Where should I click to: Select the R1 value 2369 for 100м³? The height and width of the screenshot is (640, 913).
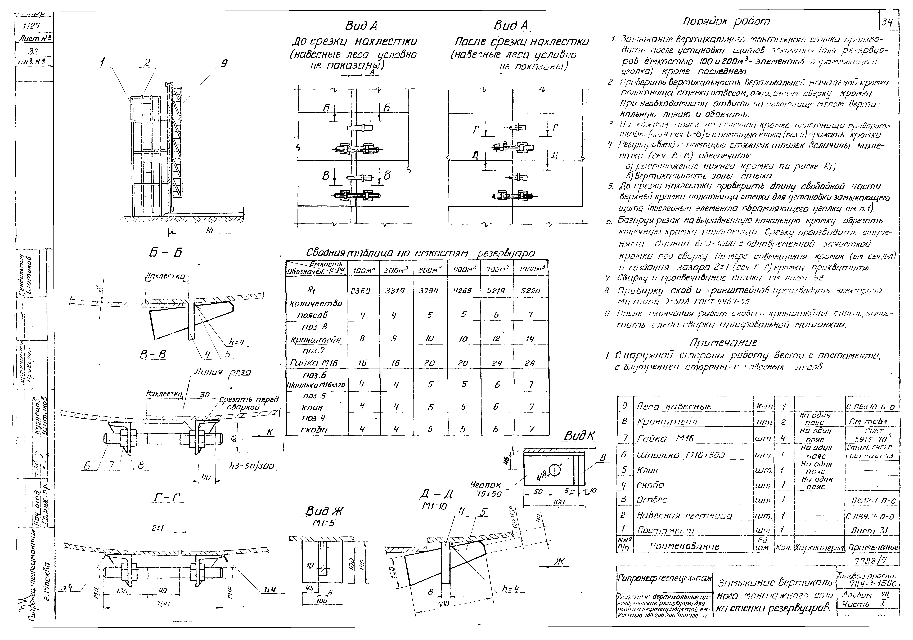[360, 291]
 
